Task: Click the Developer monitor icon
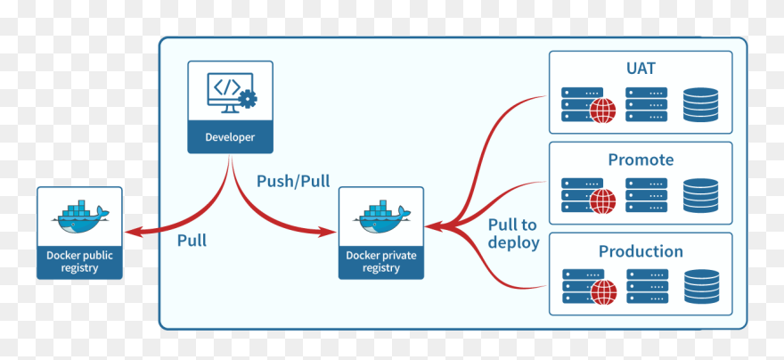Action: point(230,93)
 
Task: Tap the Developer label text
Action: point(230,137)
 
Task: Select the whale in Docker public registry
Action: point(80,214)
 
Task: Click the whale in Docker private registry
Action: point(381,215)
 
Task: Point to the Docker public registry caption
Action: point(80,261)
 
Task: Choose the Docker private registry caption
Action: point(381,261)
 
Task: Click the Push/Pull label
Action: point(293,181)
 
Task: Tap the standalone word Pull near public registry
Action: point(192,240)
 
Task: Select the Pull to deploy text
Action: point(514,233)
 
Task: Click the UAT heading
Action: point(641,69)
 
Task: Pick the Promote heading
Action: point(641,160)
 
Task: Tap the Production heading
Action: point(641,250)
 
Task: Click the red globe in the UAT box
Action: point(603,110)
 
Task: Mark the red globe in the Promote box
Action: point(603,201)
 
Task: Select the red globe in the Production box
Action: point(603,291)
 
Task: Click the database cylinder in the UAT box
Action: point(701,104)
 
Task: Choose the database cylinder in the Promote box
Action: point(701,195)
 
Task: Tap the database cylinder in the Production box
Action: point(701,286)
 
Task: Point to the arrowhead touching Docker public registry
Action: point(132,233)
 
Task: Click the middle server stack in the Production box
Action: point(646,286)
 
